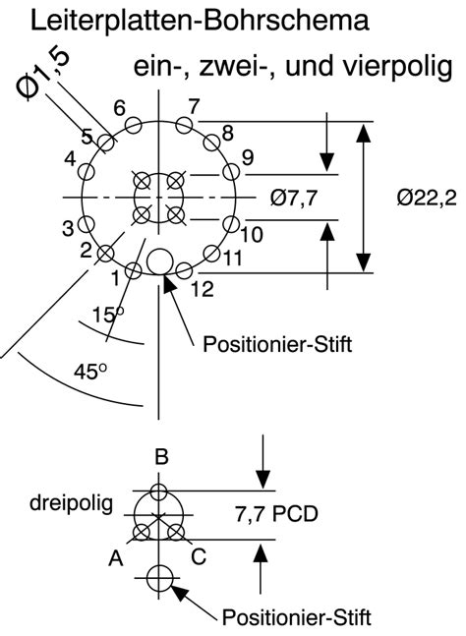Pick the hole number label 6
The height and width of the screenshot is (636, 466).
tap(119, 108)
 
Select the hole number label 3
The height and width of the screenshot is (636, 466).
tap(69, 228)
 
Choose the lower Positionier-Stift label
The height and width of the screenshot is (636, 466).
tap(296, 616)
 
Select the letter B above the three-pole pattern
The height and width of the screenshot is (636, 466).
tap(162, 456)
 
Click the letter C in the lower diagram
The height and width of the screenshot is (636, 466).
tap(198, 557)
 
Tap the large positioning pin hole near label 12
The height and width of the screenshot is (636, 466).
tap(160, 260)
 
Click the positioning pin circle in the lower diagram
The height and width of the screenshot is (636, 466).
tap(159, 578)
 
